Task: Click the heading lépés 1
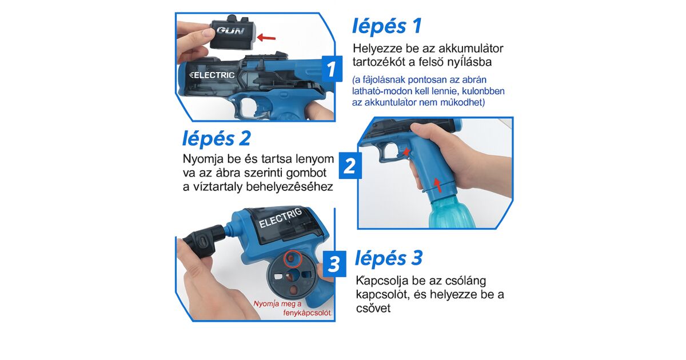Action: [387, 26]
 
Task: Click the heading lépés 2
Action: [217, 139]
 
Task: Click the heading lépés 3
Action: [389, 258]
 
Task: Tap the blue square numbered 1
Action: [332, 69]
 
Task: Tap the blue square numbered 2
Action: [350, 166]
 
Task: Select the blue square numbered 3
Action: [334, 264]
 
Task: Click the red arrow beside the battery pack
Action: [266, 38]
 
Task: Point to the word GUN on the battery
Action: [230, 30]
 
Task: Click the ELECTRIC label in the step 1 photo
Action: [212, 75]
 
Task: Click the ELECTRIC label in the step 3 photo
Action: [280, 218]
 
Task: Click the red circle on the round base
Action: [293, 259]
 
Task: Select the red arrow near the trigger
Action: [406, 151]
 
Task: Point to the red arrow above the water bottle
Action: [438, 185]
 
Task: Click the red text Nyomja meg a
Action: [277, 303]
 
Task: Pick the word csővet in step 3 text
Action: [373, 308]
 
